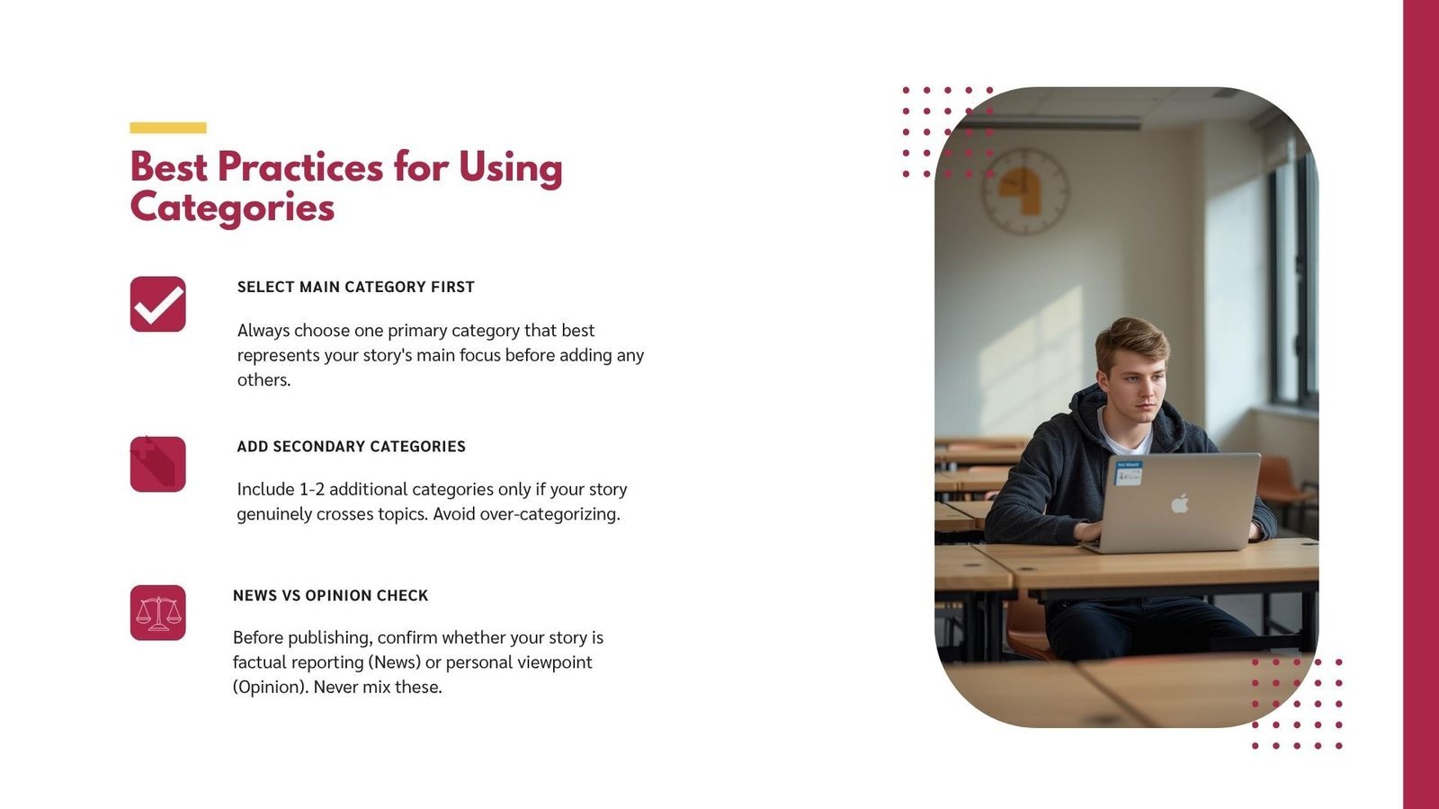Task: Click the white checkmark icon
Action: (x=158, y=305)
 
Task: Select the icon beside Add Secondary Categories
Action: (x=158, y=464)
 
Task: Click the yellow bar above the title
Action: (x=167, y=128)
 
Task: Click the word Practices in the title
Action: (x=300, y=167)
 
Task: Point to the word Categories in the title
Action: (x=232, y=208)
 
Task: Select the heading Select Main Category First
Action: (x=356, y=287)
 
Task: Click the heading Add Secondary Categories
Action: (x=352, y=446)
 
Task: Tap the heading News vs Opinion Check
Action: (x=330, y=595)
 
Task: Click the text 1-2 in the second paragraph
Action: (x=311, y=489)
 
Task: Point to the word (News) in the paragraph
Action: (x=395, y=662)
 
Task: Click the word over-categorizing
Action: (x=550, y=514)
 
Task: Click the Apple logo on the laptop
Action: (x=1179, y=503)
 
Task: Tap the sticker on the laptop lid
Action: (x=1129, y=473)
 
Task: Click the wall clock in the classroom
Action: (x=1024, y=191)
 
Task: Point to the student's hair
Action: (x=1131, y=341)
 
